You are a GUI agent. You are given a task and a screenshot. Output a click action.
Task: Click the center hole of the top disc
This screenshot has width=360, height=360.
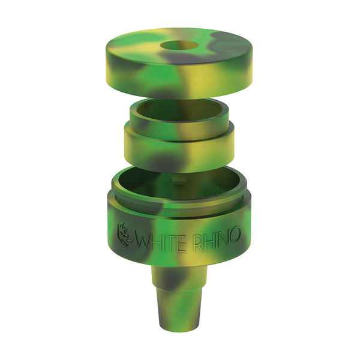point(179,45)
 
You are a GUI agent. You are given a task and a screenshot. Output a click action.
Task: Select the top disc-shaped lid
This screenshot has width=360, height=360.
point(179,63)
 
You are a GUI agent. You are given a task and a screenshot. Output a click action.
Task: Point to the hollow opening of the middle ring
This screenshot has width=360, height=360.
point(179,110)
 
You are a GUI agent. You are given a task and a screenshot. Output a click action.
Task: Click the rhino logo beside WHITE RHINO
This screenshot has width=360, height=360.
point(124,235)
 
